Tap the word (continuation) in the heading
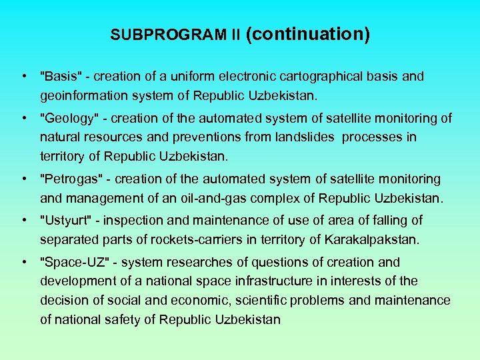pos(308,34)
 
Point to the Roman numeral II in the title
pos(235,35)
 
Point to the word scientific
pos(259,300)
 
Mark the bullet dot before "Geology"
pos(23,118)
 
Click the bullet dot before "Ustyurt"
pos(23,220)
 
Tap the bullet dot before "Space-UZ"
pos(23,262)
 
